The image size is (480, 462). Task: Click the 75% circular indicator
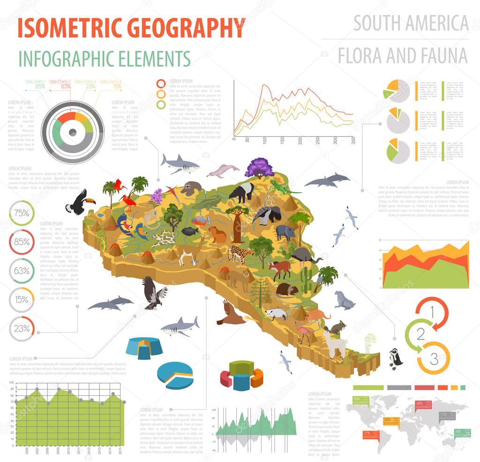[x=22, y=213]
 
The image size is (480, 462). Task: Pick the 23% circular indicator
[x=22, y=329]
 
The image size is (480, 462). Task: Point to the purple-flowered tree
[x=259, y=168]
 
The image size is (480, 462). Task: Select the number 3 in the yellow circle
[x=434, y=360]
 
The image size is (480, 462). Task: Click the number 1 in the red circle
[x=432, y=311]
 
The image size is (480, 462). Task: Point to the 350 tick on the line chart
[x=353, y=140]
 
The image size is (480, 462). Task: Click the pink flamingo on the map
[x=306, y=334]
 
